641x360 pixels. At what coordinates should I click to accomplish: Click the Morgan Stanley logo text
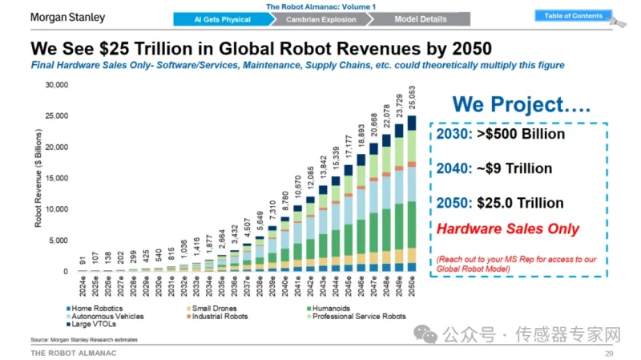click(67, 16)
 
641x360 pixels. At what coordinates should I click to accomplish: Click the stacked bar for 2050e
click(412, 193)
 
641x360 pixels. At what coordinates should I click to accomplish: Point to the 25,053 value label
click(412, 100)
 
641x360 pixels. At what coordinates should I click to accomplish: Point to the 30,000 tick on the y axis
click(59, 85)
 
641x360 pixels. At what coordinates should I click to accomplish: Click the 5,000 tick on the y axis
click(62, 241)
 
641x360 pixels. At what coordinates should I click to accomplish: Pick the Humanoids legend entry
click(332, 308)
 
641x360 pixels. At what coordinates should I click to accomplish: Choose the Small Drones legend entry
click(213, 308)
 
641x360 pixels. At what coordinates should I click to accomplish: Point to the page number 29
click(609, 353)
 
